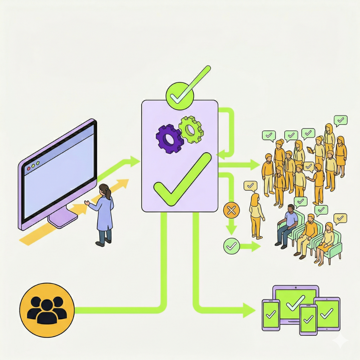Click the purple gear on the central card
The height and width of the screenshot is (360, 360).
[170, 139]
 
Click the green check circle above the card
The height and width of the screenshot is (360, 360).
[180, 95]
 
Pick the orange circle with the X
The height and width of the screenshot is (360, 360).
[231, 211]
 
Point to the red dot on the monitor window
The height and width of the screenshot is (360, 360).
[29, 168]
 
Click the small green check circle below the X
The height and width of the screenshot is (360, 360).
[231, 246]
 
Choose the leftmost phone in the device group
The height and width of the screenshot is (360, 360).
[271, 314]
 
